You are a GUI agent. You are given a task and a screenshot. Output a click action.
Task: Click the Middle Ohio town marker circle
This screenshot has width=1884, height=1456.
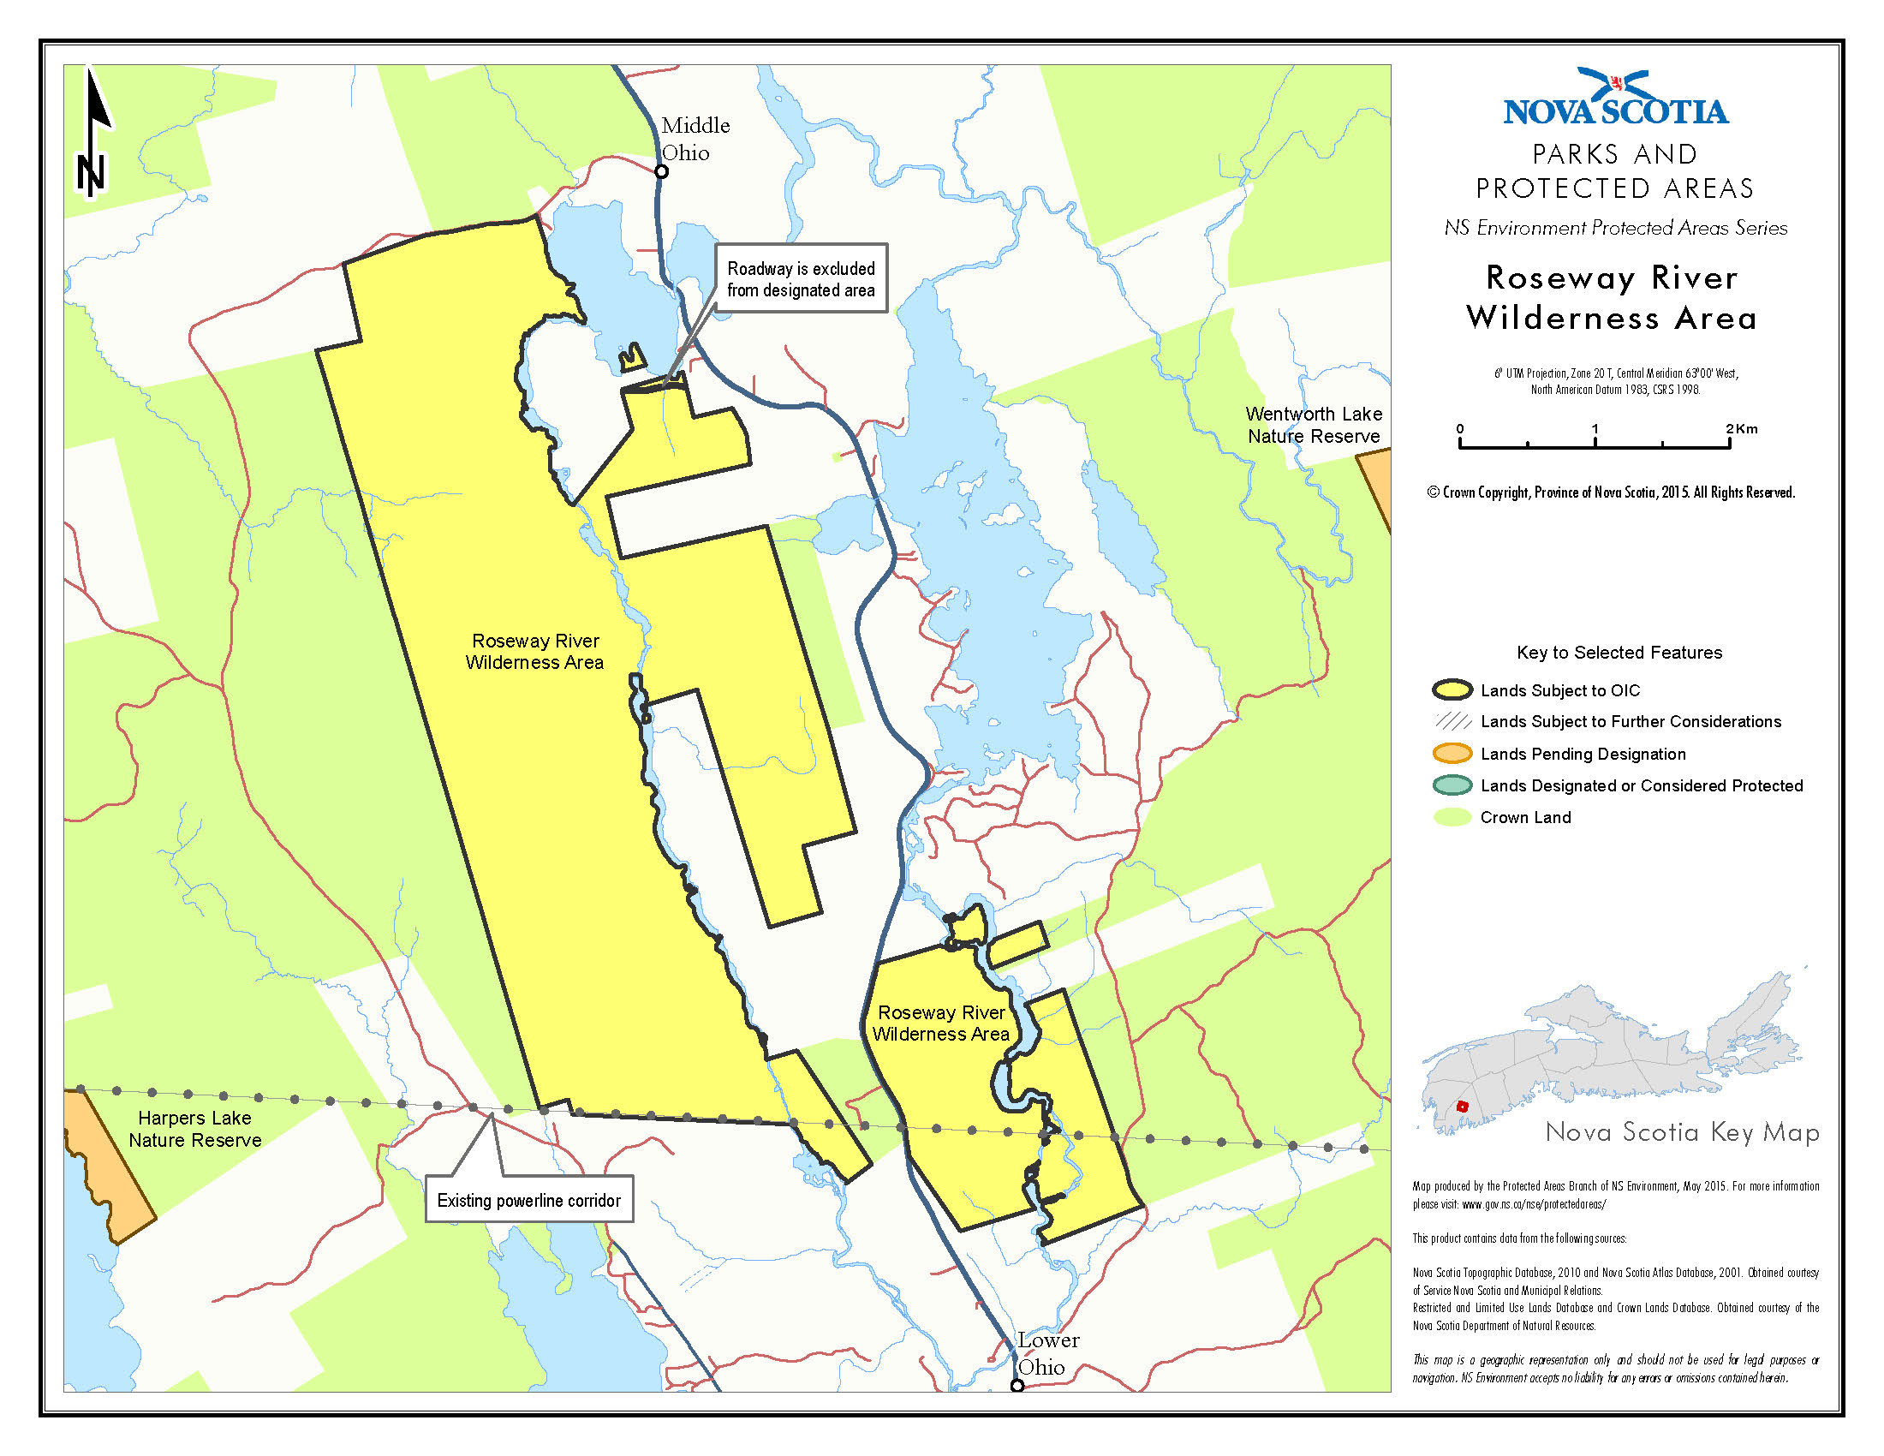coord(662,171)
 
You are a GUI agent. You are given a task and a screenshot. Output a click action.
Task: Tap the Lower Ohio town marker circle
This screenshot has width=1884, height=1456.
coord(1017,1385)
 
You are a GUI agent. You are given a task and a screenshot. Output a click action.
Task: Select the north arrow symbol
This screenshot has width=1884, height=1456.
coord(93,134)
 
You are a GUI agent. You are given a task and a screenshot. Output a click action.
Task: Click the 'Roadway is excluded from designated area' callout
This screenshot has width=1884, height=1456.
coord(801,278)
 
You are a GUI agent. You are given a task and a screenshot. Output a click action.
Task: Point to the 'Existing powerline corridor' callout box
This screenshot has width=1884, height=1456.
coord(528,1200)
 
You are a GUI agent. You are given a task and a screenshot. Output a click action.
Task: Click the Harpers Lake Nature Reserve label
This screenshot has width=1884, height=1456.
coord(195,1129)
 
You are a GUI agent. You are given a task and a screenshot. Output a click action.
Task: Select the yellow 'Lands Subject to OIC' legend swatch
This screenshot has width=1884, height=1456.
coord(1452,690)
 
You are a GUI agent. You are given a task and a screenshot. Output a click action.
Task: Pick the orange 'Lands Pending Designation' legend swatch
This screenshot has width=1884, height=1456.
coord(1452,754)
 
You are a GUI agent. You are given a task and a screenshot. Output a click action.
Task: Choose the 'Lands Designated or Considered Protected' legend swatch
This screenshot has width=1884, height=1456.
coord(1452,785)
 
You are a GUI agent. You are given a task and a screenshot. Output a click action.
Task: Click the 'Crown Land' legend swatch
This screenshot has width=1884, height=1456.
coord(1452,818)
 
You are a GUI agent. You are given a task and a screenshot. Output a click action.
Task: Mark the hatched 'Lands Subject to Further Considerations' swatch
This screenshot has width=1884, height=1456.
coord(1452,722)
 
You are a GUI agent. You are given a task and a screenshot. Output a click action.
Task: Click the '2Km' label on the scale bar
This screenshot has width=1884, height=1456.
coord(1741,429)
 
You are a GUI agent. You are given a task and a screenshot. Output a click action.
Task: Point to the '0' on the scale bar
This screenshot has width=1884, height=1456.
coord(1459,429)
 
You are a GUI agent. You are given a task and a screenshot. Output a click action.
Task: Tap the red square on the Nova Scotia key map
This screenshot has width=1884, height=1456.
coord(1461,1107)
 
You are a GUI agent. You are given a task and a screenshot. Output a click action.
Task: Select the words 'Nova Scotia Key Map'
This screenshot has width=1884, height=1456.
coord(1681,1132)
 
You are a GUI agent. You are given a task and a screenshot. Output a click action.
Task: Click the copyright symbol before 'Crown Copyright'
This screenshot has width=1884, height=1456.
coord(1433,492)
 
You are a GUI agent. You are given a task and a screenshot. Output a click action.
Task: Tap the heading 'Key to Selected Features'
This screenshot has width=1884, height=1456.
coord(1619,653)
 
